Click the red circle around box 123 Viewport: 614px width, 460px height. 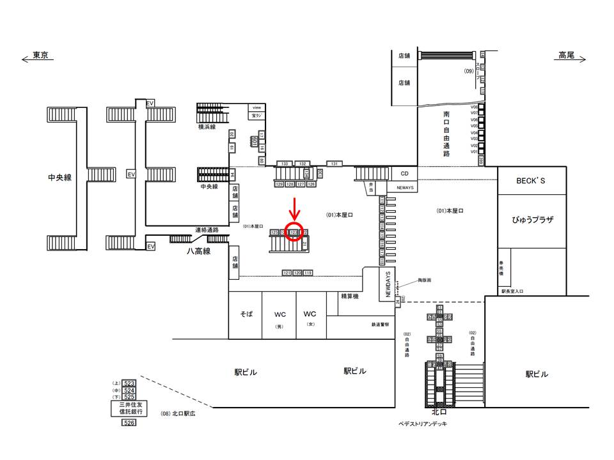294,232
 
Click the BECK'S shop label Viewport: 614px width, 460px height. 531,181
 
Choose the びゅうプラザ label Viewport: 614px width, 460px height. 531,220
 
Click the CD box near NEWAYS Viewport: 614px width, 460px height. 404,173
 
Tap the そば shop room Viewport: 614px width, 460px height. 247,314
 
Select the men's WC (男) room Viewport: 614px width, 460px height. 279,315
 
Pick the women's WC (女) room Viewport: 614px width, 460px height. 310,315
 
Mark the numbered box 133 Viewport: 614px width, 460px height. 285,164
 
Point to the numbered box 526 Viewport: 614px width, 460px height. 129,423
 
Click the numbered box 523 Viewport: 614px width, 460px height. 129,383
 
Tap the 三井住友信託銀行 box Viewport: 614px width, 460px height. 129,408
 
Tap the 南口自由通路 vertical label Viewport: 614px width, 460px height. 446,134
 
